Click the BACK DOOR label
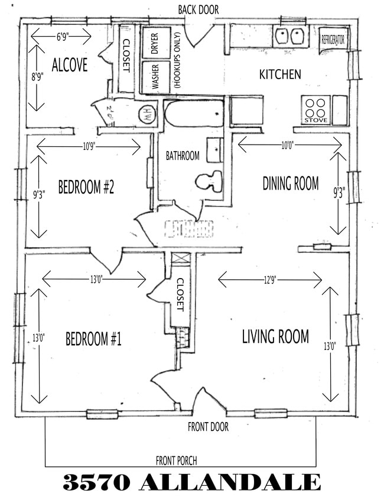click(198, 10)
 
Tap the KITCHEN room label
click(280, 74)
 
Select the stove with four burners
click(315, 109)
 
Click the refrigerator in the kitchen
click(333, 40)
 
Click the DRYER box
click(155, 43)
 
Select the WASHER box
click(155, 76)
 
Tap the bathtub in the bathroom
click(194, 113)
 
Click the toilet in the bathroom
click(209, 181)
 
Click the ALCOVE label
click(69, 65)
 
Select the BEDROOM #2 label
click(86, 188)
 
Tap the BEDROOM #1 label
click(93, 339)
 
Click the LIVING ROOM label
click(275, 336)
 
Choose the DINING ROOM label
click(290, 183)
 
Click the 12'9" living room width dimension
click(270, 279)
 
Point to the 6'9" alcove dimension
click(61, 36)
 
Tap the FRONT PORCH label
click(176, 460)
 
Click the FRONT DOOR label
click(208, 426)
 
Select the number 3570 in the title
click(96, 482)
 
